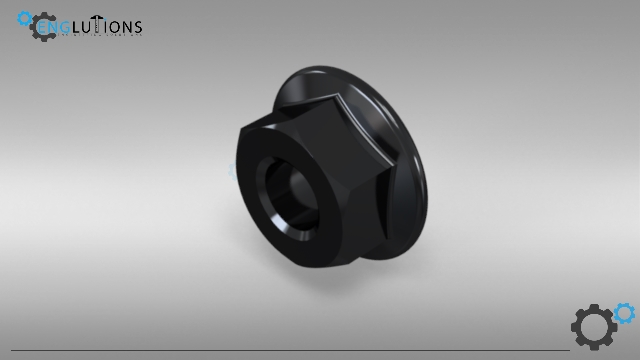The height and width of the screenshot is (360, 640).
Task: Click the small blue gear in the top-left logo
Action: [x=25, y=18]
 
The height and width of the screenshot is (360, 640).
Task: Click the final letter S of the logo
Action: [x=137, y=27]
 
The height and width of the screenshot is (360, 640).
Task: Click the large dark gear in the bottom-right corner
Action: [x=593, y=327]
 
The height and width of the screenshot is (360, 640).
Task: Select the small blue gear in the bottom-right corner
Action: [x=624, y=313]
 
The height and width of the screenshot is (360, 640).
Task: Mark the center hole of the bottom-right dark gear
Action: [x=593, y=327]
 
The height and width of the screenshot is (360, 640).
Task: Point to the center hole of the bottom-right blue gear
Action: [x=624, y=313]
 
